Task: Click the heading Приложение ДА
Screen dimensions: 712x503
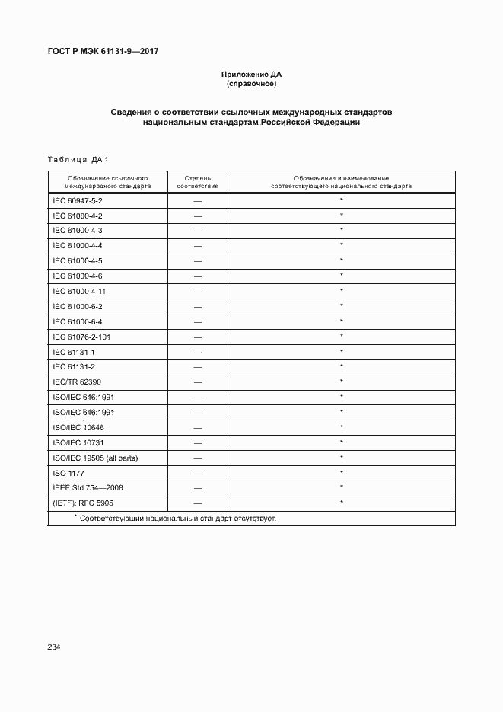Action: (x=251, y=74)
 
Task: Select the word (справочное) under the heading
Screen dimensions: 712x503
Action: (x=251, y=83)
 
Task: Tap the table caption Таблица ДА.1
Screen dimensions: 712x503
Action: (x=78, y=159)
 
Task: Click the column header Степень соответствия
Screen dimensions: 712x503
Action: (x=198, y=181)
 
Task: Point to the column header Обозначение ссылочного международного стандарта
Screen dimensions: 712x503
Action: (x=107, y=181)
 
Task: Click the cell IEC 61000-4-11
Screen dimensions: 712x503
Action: (x=79, y=291)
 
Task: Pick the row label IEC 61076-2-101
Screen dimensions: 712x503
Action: (x=82, y=336)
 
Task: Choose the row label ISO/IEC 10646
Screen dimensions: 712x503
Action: (x=78, y=427)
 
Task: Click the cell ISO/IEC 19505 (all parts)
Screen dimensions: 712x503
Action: (x=95, y=458)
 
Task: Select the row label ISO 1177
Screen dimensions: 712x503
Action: (x=69, y=473)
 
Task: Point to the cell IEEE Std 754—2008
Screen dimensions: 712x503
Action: (x=88, y=487)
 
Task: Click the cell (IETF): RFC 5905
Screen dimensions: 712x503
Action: (x=83, y=503)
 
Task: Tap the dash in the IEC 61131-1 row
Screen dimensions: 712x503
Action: (x=198, y=352)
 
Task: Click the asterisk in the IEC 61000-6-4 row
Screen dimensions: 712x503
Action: (x=342, y=321)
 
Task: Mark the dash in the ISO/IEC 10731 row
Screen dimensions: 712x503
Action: (x=198, y=442)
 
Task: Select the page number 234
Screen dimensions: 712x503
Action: (x=54, y=647)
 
